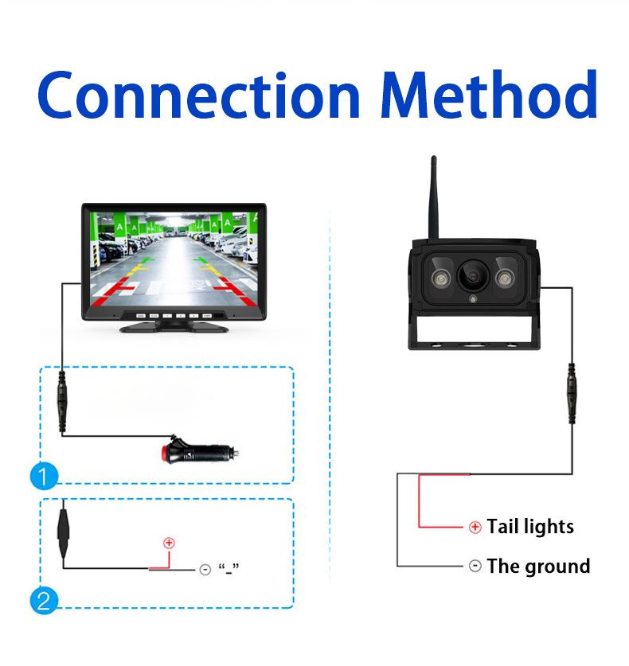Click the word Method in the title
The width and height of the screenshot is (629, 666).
[x=489, y=95]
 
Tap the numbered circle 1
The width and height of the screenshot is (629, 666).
[x=44, y=477]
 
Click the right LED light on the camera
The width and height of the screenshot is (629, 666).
[x=506, y=278]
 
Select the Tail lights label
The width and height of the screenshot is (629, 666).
[x=530, y=527]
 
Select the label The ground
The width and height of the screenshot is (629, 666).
[x=538, y=567]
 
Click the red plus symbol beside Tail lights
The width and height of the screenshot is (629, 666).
[x=475, y=527]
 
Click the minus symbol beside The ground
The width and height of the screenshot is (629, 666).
[x=475, y=567]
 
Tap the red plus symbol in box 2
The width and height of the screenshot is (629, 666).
[x=168, y=543]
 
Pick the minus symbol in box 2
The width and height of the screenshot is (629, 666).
[x=205, y=570]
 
